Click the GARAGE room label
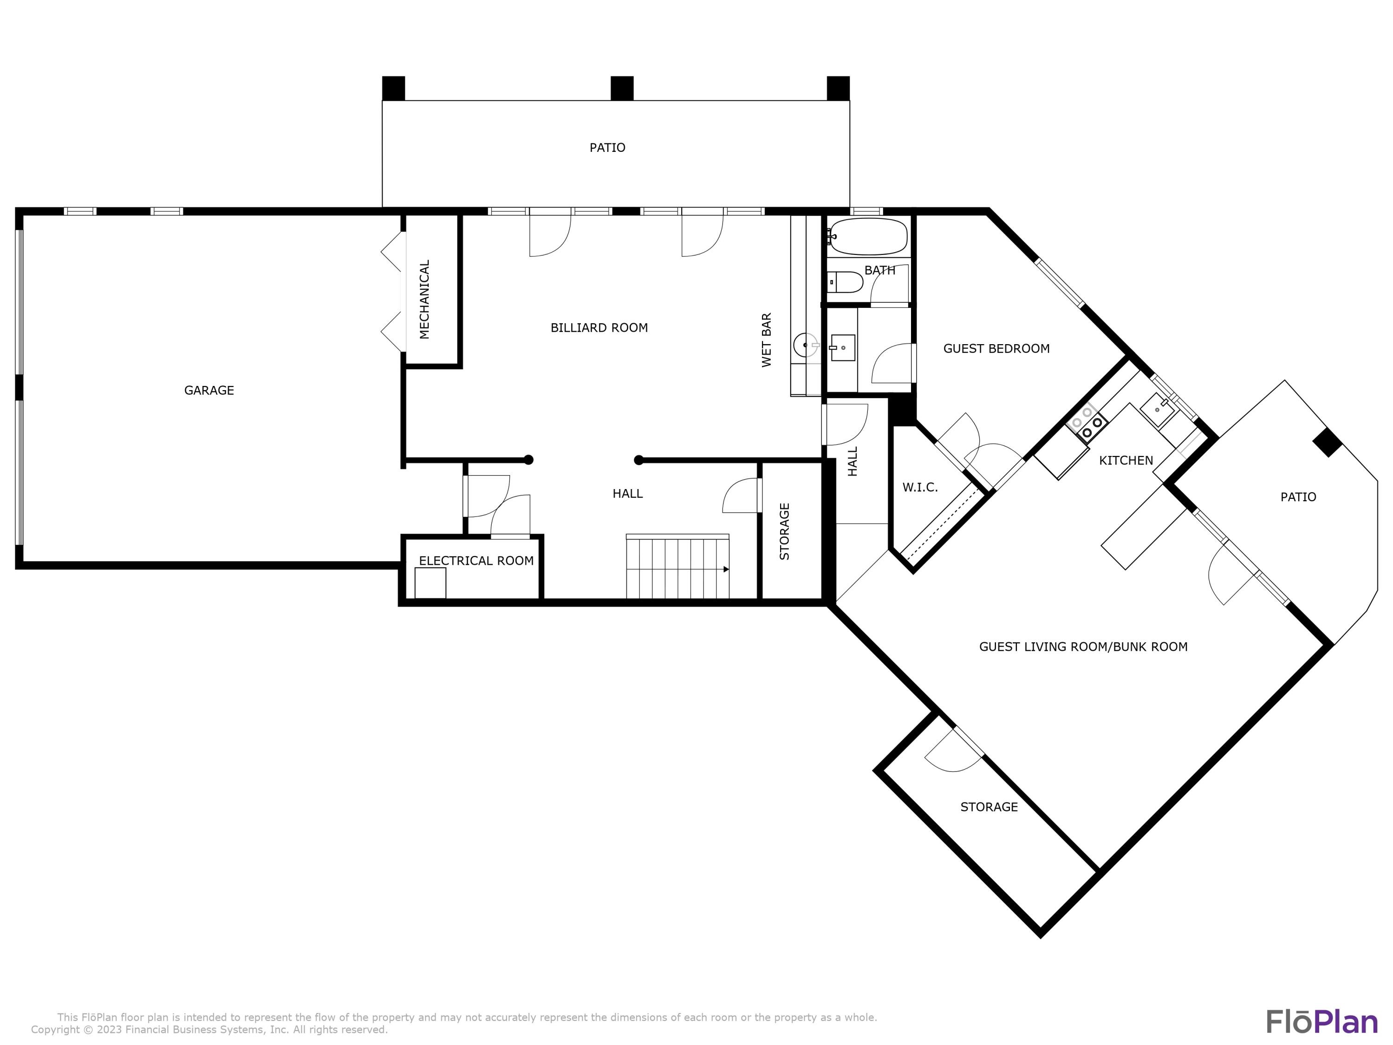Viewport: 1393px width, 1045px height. click(209, 391)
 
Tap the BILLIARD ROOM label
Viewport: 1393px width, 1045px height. click(599, 327)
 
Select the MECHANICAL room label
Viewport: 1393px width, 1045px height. click(424, 299)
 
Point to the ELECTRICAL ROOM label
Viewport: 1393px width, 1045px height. click(476, 561)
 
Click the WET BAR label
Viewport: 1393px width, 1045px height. click(767, 340)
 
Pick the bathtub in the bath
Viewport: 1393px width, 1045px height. click(868, 236)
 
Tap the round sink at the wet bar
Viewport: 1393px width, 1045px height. click(807, 345)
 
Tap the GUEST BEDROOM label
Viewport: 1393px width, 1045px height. click(996, 348)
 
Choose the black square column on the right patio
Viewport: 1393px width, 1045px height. click(1328, 442)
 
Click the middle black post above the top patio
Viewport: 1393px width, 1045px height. click(622, 88)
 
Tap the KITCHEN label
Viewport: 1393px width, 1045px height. click(1126, 460)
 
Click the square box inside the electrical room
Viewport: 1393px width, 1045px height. click(430, 583)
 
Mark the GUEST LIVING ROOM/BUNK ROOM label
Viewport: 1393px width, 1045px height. click(1083, 647)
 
